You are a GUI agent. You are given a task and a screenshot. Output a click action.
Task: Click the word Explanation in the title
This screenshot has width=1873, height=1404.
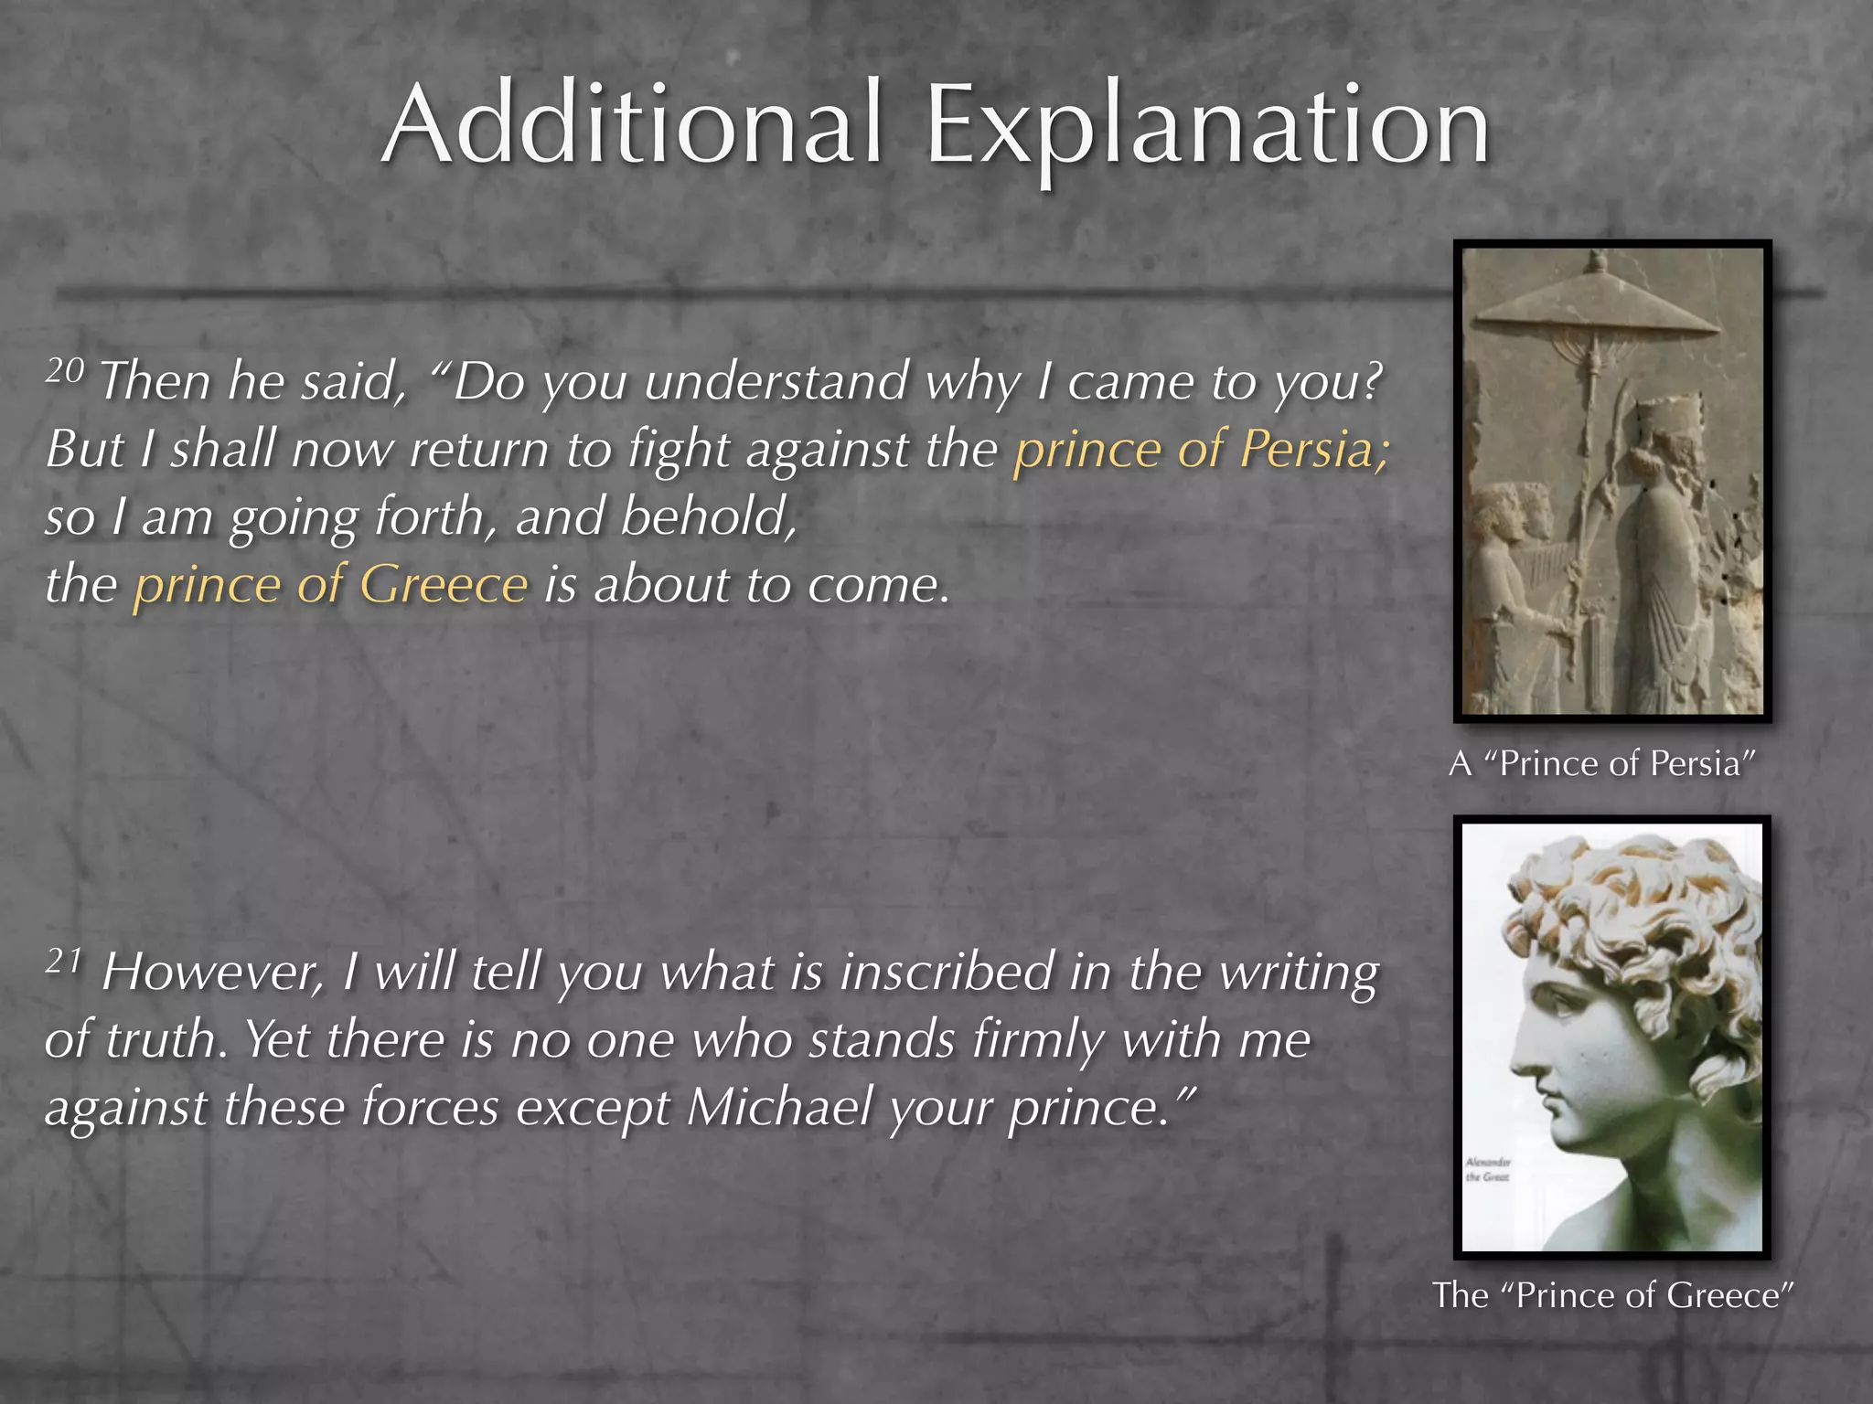pyautogui.click(x=1208, y=128)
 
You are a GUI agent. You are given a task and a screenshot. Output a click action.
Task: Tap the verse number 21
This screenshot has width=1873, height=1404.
pyautogui.click(x=64, y=962)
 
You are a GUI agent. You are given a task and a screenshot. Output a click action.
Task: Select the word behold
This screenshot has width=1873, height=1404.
pyautogui.click(x=708, y=516)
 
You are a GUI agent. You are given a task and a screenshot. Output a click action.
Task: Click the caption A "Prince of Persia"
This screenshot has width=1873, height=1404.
pyautogui.click(x=1602, y=763)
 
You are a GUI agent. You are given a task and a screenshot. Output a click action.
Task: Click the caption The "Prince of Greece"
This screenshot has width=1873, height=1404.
pyautogui.click(x=1612, y=1295)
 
